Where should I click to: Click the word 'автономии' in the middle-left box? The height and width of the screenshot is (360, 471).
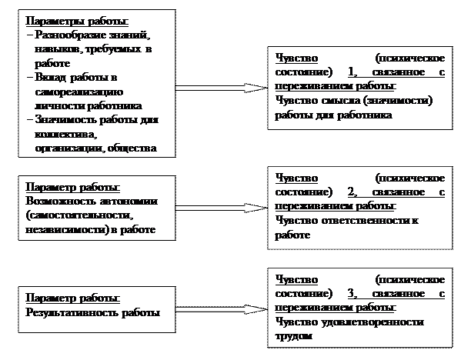click(132, 202)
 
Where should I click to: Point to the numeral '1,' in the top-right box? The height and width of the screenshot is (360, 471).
click(353, 72)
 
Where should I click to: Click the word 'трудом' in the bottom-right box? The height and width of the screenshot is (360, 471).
click(292, 336)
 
